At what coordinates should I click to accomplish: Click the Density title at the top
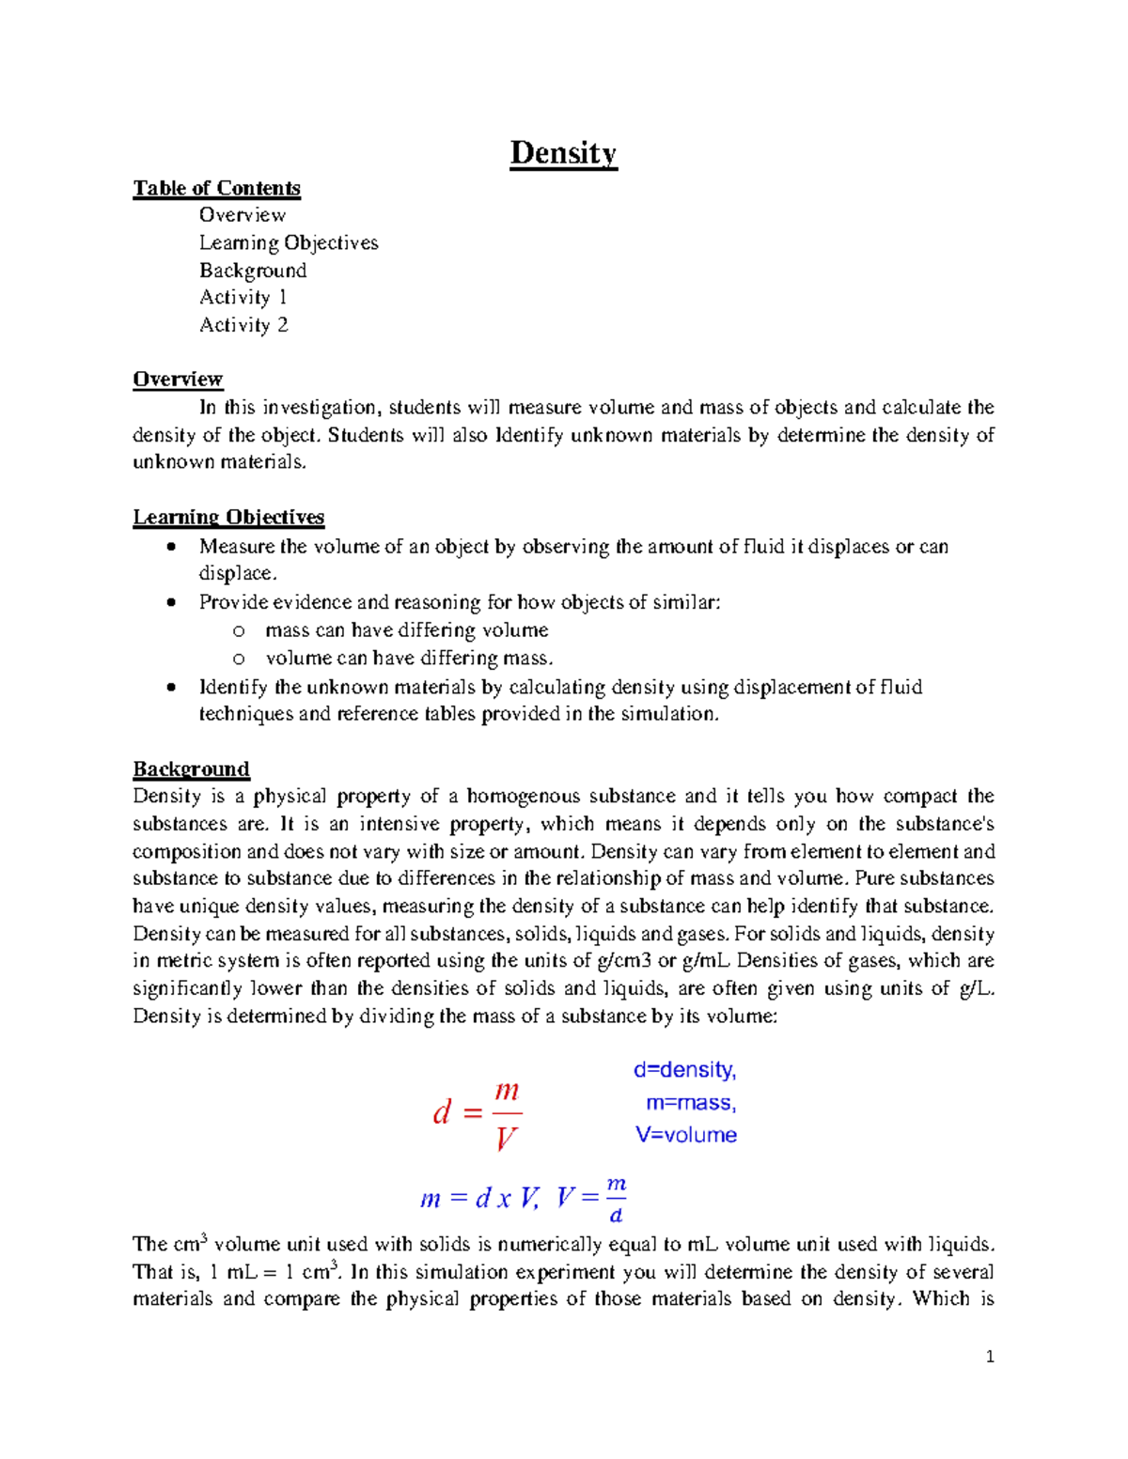[x=563, y=153]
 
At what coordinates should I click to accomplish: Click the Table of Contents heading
[x=216, y=188]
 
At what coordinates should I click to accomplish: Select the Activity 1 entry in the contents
[x=243, y=298]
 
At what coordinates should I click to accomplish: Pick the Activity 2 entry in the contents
[x=243, y=325]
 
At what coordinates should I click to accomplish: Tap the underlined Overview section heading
[x=178, y=380]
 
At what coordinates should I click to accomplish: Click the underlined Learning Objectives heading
[x=228, y=517]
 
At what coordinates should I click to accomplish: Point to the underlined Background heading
[x=191, y=769]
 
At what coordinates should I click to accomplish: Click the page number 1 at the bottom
[x=990, y=1357]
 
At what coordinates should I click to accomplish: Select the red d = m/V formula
[x=477, y=1114]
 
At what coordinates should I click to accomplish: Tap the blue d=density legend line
[x=684, y=1070]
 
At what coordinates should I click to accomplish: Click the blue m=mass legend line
[x=691, y=1103]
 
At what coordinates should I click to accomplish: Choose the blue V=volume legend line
[x=686, y=1135]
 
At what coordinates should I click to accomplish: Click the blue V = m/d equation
[x=591, y=1199]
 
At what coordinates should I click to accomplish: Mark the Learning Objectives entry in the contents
[x=289, y=243]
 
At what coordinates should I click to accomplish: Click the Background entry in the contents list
[x=253, y=271]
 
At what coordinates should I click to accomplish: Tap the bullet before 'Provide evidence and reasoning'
[x=170, y=602]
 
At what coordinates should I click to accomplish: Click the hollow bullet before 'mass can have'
[x=239, y=630]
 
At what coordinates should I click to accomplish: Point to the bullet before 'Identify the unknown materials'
[x=170, y=687]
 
